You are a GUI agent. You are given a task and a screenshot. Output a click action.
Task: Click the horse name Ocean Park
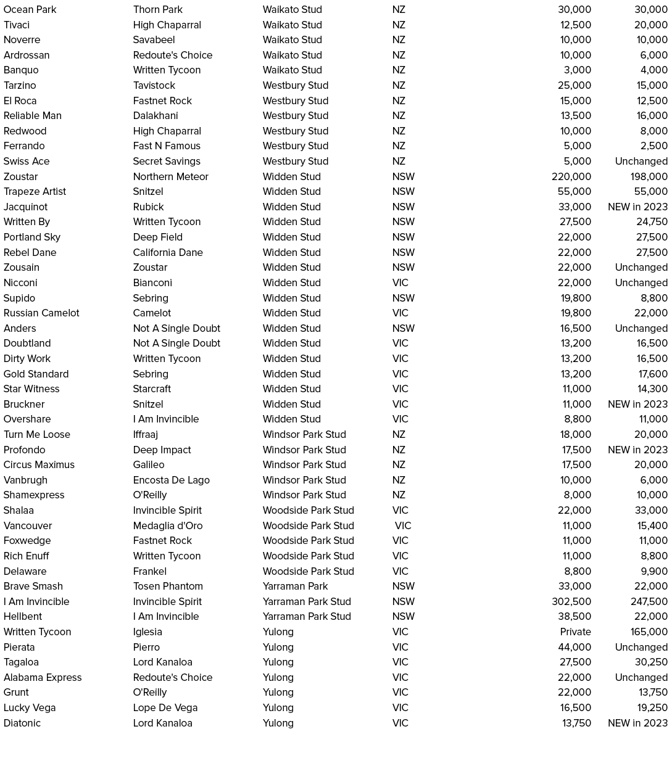point(30,9)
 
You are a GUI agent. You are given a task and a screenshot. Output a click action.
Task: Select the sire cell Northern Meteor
point(170,176)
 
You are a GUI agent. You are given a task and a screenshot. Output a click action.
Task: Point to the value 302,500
point(571,601)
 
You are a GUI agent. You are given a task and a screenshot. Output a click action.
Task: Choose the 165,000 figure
point(649,632)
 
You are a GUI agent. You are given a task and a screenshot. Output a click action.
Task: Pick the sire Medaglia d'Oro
point(167,525)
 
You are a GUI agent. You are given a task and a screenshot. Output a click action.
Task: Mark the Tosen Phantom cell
point(167,586)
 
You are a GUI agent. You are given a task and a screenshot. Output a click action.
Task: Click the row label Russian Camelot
point(41,313)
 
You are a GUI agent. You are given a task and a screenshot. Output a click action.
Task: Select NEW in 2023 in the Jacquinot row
point(637,207)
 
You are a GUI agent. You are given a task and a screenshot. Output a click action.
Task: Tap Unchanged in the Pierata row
point(641,647)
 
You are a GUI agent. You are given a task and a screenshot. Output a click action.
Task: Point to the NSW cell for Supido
point(403,298)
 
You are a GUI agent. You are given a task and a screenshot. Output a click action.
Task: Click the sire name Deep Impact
point(162,450)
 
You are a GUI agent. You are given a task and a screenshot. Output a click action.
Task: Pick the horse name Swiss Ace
point(27,161)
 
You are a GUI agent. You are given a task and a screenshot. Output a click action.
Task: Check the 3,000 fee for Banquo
point(578,70)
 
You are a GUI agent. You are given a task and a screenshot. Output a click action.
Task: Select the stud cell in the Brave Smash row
point(295,586)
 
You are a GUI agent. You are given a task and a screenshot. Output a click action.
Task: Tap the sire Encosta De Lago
point(171,480)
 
